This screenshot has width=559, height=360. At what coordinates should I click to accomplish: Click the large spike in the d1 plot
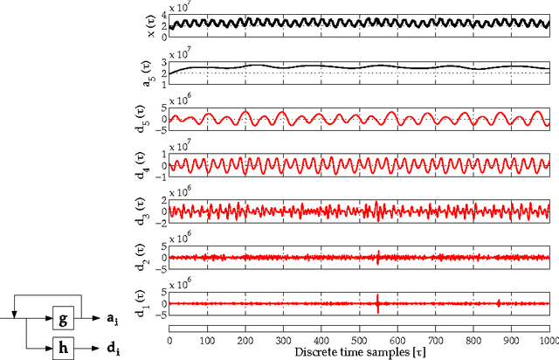tap(377, 303)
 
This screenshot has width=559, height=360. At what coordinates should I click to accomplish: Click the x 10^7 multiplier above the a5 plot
tap(180, 54)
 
